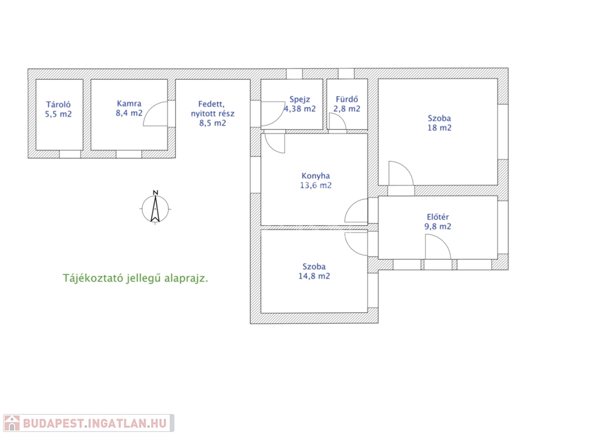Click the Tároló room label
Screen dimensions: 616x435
click(58, 109)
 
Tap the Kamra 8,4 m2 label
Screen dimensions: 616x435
click(129, 108)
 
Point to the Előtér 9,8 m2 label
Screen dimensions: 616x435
click(438, 222)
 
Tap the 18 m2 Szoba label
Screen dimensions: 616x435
click(439, 123)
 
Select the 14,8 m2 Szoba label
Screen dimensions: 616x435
click(314, 271)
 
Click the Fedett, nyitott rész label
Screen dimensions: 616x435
click(212, 114)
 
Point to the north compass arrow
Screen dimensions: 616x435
click(155, 208)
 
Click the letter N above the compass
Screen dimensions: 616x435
click(156, 192)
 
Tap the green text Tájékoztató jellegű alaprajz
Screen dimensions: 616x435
click(135, 278)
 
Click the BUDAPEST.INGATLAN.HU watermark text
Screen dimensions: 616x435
click(94, 423)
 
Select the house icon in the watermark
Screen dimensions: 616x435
click(12, 423)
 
